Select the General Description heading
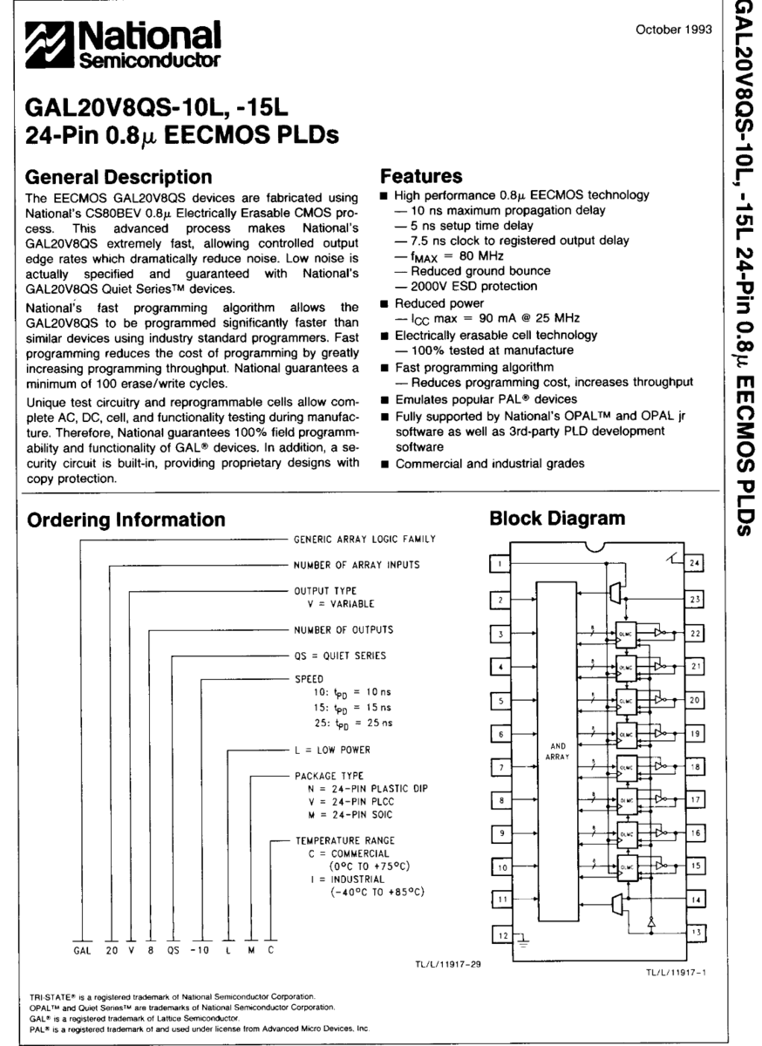tap(119, 177)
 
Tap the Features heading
tap(421, 177)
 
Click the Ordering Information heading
tap(126, 520)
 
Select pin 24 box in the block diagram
tap(694, 565)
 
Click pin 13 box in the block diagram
tap(694, 932)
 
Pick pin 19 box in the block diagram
tap(694, 734)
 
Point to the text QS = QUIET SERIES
tap(339, 655)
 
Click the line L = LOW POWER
tap(331, 749)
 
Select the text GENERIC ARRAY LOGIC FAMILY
tap(364, 540)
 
